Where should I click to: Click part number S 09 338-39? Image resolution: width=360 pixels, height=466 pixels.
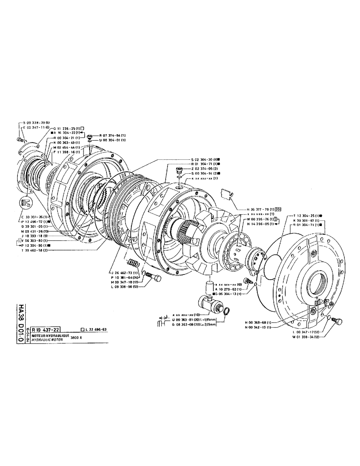(x=37, y=122)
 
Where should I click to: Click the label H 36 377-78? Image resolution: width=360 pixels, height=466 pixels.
(x=255, y=209)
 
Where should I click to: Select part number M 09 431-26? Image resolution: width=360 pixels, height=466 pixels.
(x=36, y=231)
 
